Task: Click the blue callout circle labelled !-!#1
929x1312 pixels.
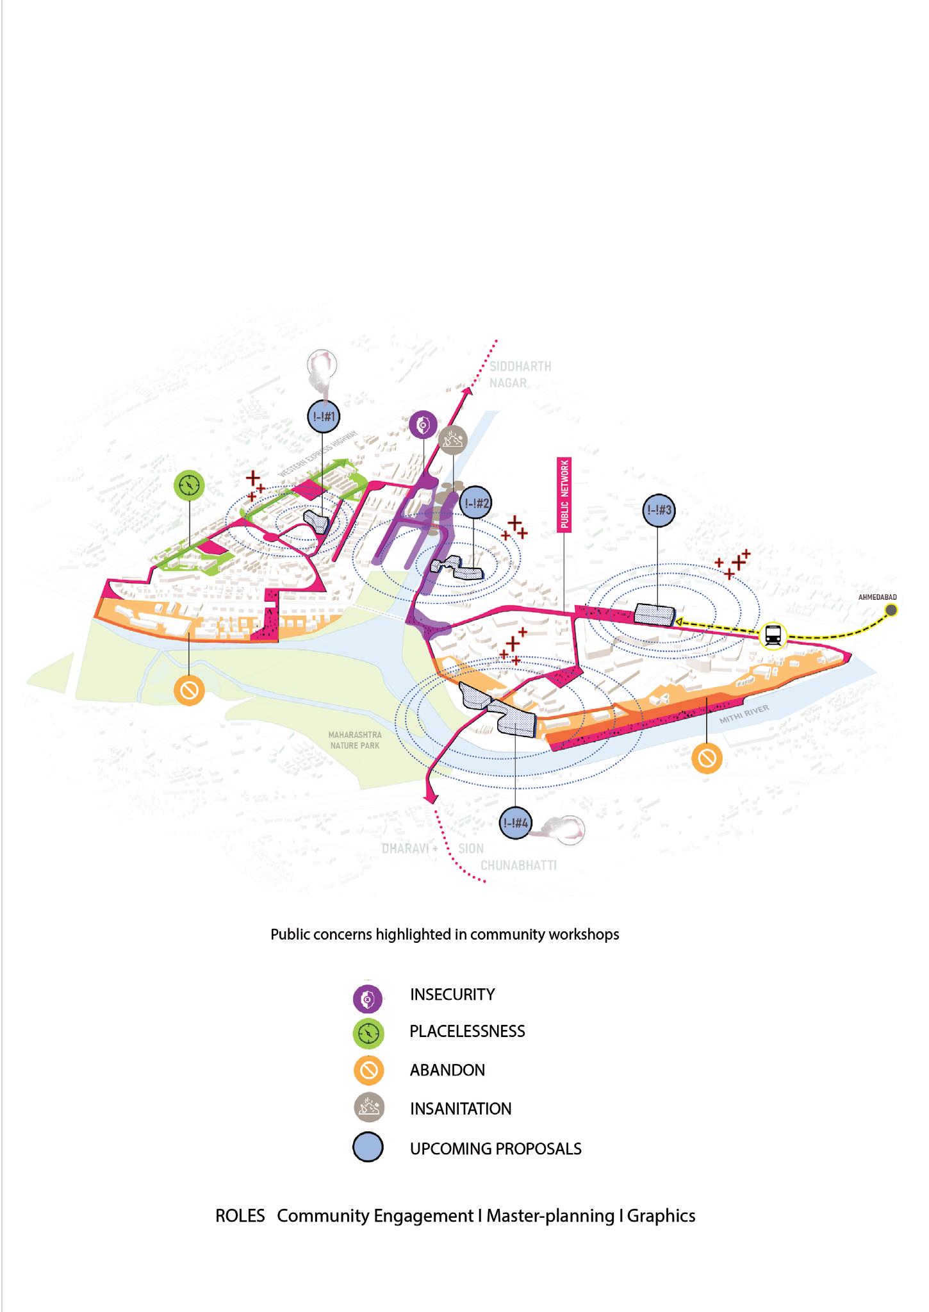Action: [x=324, y=416]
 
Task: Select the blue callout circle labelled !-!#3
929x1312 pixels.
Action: [x=659, y=511]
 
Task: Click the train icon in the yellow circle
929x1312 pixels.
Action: [x=774, y=636]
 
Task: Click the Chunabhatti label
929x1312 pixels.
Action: [x=518, y=865]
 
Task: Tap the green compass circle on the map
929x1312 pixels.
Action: [x=190, y=486]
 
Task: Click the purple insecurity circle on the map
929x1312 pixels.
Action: [x=423, y=424]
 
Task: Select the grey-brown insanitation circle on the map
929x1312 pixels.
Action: [x=454, y=441]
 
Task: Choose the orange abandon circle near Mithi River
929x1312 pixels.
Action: [x=707, y=759]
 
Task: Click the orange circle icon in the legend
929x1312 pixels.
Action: [x=368, y=1070]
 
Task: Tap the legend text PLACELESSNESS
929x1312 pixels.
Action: [x=467, y=1031]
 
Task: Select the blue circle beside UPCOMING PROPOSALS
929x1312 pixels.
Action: [x=368, y=1148]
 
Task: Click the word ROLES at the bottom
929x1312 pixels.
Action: [x=240, y=1216]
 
